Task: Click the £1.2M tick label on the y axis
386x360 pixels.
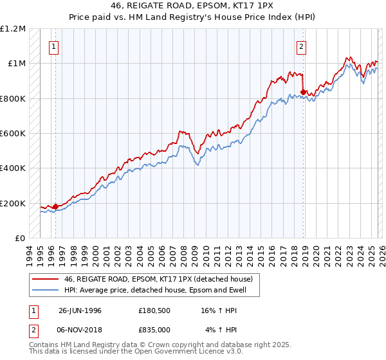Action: coord(14,29)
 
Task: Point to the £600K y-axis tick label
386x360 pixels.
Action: coord(14,134)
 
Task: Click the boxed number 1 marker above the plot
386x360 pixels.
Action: coord(54,46)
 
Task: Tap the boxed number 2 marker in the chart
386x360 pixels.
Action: coord(300,46)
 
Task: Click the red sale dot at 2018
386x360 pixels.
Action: coord(303,93)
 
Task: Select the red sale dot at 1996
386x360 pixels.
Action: coord(56,206)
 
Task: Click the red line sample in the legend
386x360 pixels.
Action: coord(45,279)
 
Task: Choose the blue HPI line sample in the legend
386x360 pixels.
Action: coord(45,290)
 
